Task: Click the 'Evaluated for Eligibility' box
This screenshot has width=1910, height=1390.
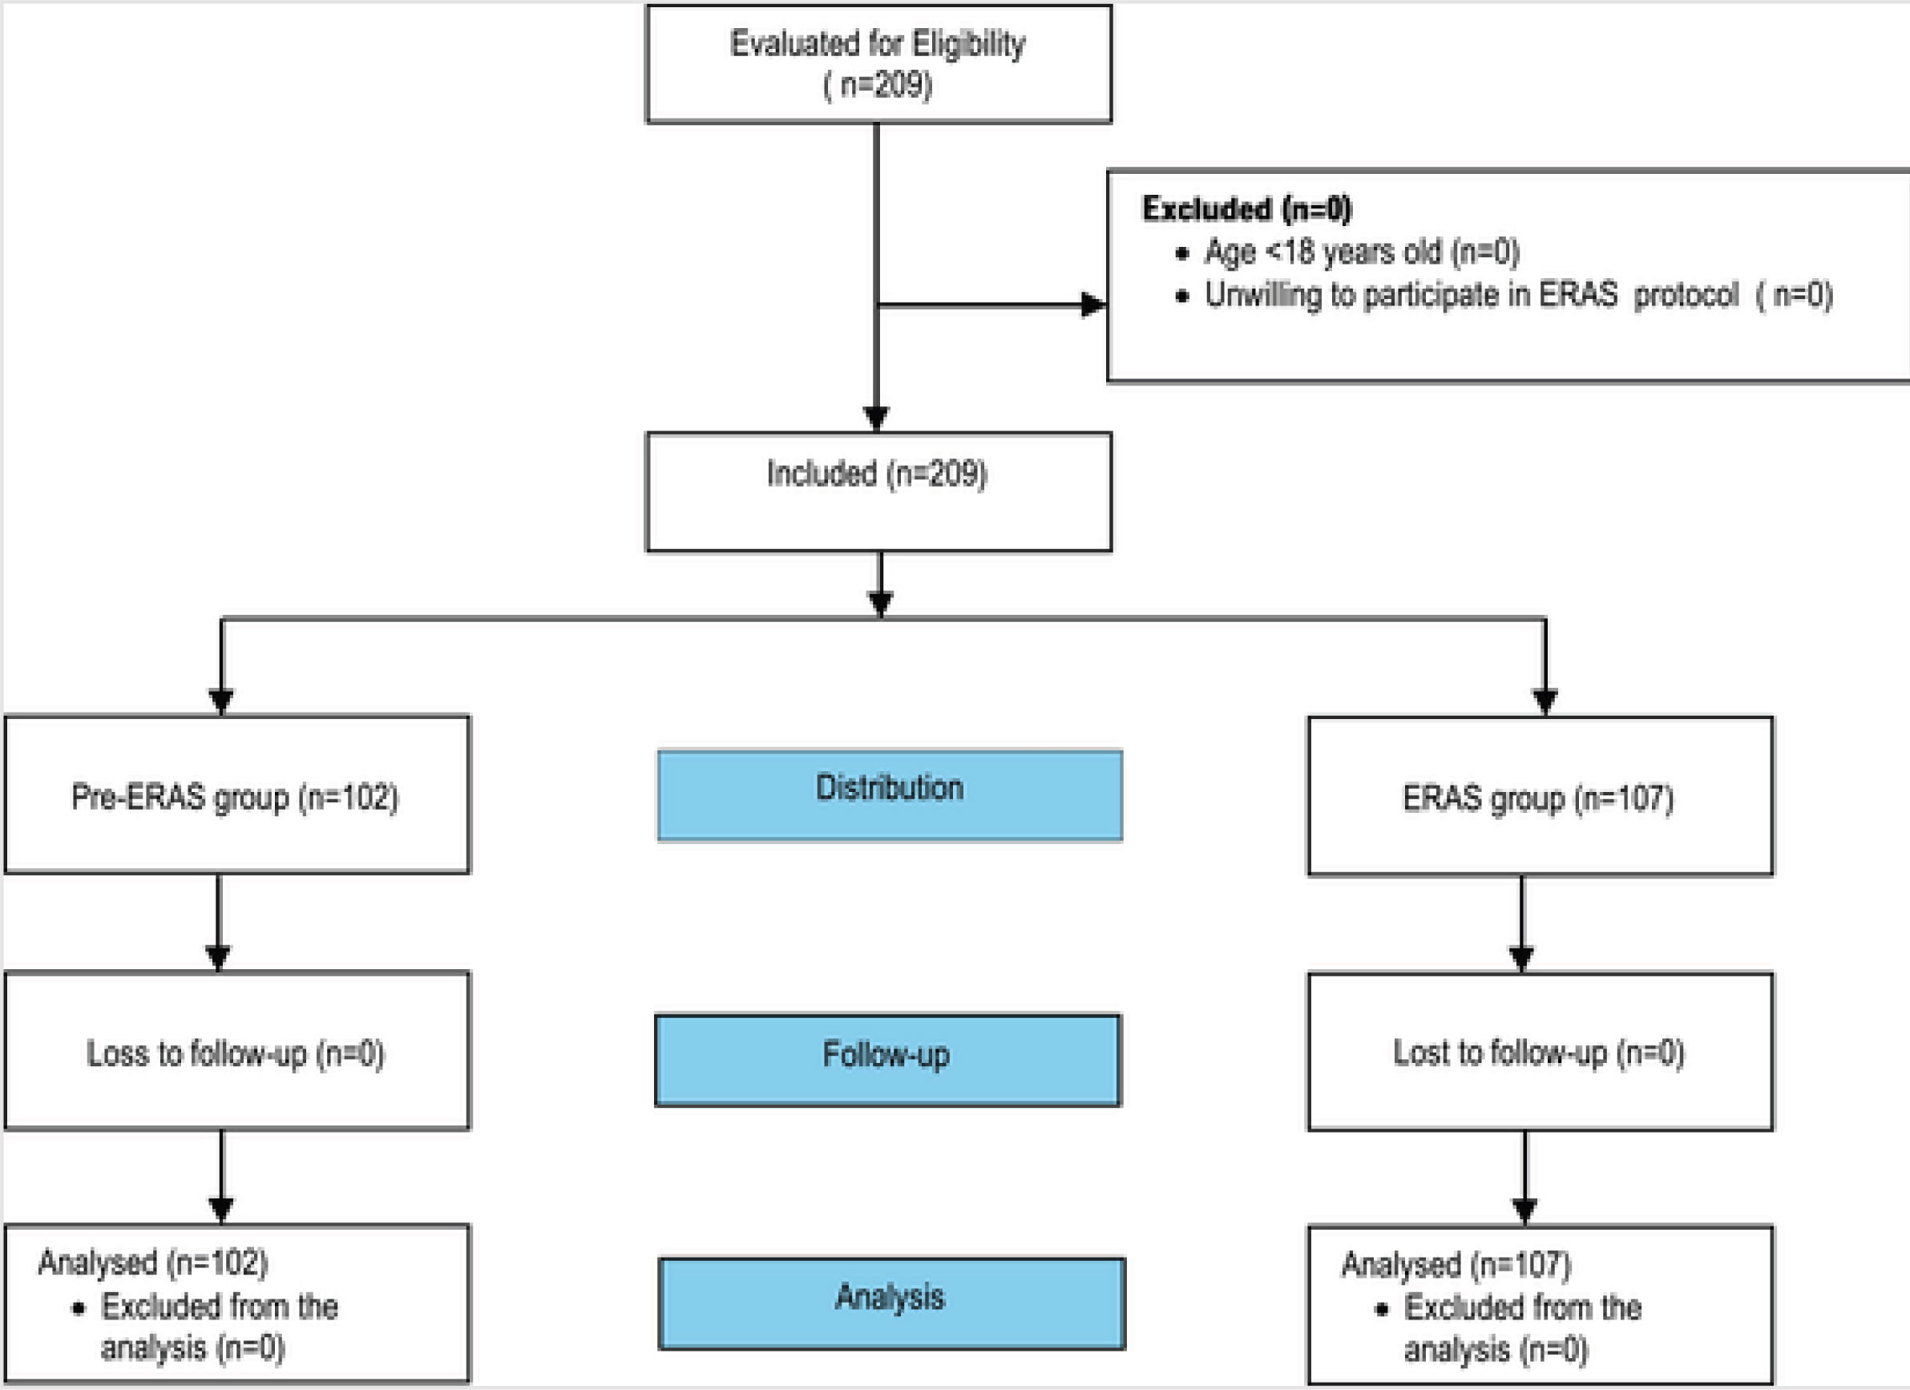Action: tap(878, 64)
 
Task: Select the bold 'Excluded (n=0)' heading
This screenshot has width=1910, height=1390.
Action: tap(1246, 209)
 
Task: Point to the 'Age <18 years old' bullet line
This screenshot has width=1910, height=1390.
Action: tap(1361, 251)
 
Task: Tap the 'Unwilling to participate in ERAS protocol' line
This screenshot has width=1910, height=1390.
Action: tap(1517, 295)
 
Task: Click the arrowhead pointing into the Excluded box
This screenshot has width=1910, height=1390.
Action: tap(1092, 305)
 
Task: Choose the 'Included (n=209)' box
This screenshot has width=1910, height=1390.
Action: tap(878, 492)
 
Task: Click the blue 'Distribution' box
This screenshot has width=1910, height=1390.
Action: tap(890, 795)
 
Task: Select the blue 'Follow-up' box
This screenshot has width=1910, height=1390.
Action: tap(886, 1060)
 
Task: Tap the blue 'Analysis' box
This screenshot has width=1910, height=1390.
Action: tap(891, 1303)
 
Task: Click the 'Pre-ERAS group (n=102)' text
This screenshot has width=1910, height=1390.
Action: tap(235, 797)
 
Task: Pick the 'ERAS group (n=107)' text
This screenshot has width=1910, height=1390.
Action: tap(1538, 798)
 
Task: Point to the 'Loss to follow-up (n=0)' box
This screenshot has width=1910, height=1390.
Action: tap(236, 1052)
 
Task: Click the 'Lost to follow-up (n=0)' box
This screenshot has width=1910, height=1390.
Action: tap(1540, 1052)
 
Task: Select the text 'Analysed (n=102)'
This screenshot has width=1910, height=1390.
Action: tap(152, 1262)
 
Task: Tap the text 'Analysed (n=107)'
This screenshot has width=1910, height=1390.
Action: tap(1456, 1263)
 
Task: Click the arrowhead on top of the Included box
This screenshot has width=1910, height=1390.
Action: tap(876, 418)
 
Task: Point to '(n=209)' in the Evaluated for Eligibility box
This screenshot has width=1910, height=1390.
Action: tap(878, 85)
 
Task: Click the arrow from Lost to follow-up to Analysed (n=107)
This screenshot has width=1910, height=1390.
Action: tap(1524, 1179)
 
